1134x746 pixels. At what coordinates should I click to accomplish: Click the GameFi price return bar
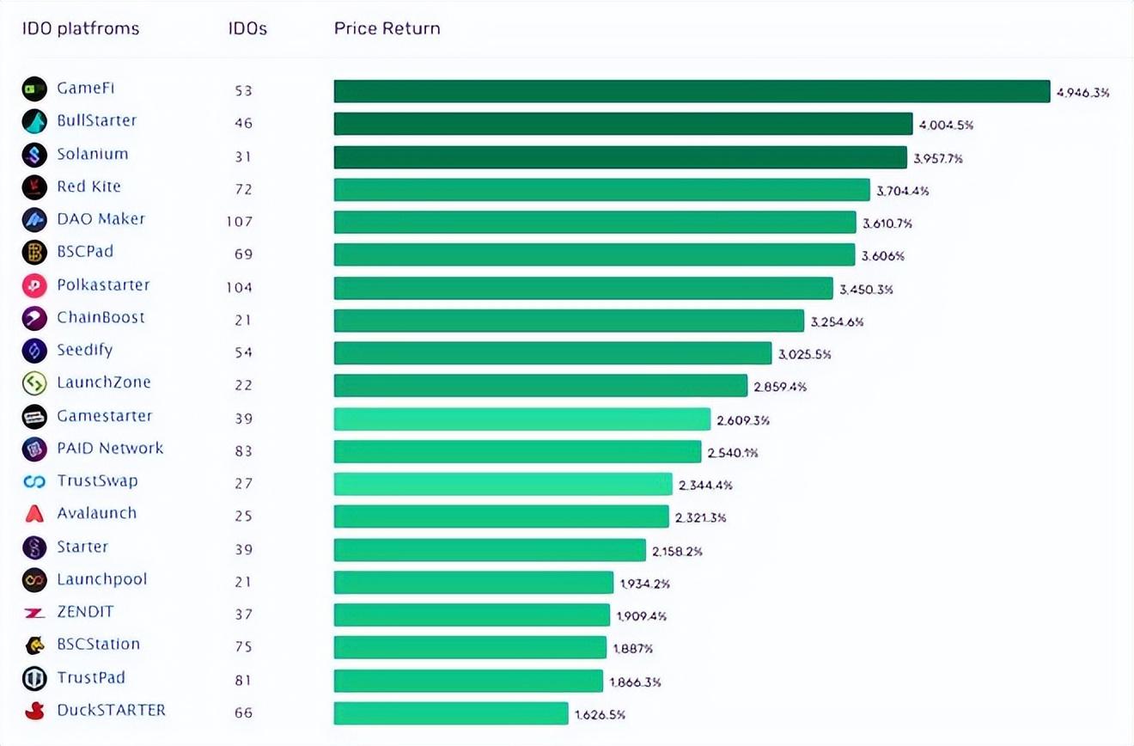692,91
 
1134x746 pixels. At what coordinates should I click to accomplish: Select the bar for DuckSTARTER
451,713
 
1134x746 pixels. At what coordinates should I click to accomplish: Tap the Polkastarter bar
583,288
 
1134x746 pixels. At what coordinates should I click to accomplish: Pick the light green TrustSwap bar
503,484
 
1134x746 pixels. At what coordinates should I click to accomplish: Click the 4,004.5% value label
946,125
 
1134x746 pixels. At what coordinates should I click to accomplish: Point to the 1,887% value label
633,649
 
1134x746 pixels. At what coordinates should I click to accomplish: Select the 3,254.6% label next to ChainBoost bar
837,322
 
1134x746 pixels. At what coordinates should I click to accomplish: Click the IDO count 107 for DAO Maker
240,222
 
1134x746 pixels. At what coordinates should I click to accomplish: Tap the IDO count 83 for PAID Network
243,450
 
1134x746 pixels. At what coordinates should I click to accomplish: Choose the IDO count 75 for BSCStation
243,647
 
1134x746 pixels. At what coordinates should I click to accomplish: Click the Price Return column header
387,28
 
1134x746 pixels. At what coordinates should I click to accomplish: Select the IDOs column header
247,28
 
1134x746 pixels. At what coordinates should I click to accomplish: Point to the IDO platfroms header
81,28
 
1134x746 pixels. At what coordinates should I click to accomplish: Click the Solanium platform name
93,154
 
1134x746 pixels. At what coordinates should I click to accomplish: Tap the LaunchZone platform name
104,382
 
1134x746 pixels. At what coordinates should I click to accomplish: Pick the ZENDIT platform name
85,612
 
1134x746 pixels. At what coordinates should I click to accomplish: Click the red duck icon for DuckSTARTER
34,711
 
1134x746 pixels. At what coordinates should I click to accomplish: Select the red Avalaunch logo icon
34,514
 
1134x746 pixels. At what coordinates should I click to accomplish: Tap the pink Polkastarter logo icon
34,285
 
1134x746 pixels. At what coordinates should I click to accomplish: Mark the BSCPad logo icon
34,253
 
